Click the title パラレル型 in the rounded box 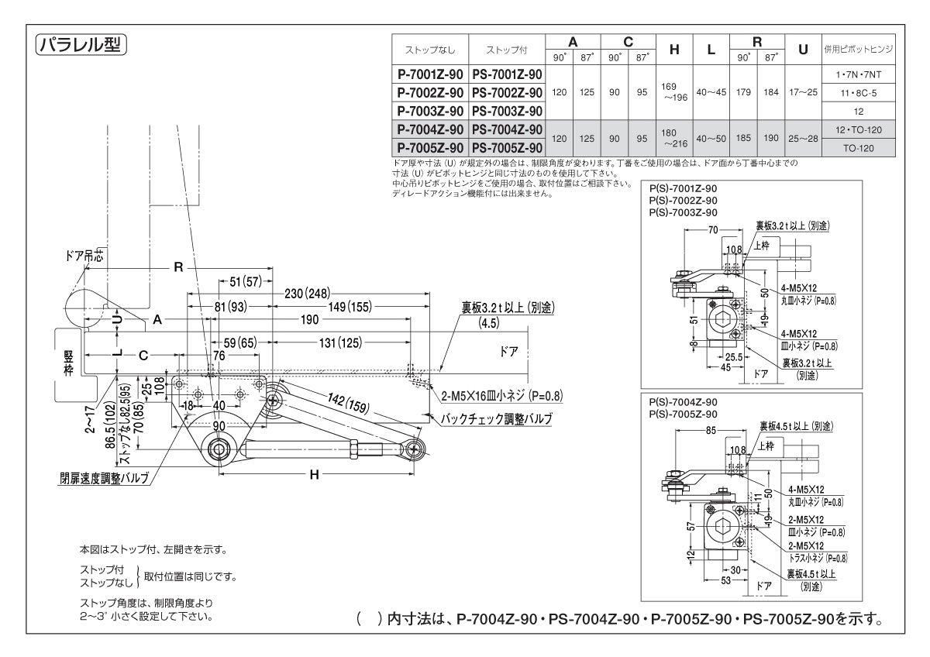pos(81,43)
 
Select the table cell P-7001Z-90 pos(430,75)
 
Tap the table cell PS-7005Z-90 pos(507,147)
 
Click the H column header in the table pos(674,50)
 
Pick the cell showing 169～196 pos(674,92)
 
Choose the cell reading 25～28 pos(803,139)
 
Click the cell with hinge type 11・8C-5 pos(858,93)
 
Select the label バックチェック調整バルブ pos(496,418)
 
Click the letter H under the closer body pos(314,474)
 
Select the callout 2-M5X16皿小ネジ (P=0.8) pos(501,396)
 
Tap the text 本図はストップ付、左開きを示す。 pos(153,549)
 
